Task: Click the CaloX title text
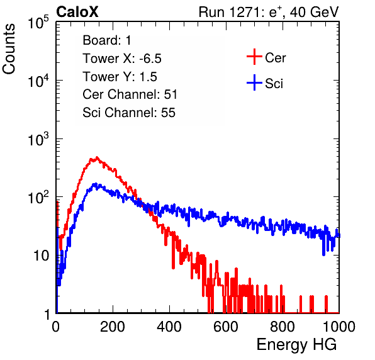coord(77,12)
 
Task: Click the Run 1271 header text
coord(269,12)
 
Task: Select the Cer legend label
coord(275,58)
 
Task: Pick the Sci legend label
coord(274,84)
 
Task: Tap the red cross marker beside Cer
coord(254,57)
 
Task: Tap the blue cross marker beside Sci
coord(254,82)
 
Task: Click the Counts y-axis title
coord(9,49)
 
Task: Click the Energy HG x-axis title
coord(296,345)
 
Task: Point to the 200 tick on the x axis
coord(113,327)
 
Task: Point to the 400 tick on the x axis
coord(169,327)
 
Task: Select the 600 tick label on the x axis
coord(226,327)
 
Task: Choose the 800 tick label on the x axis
coord(283,327)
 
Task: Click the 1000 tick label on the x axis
coord(339,327)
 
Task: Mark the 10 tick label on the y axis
coord(41,256)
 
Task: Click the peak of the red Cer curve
coord(97,157)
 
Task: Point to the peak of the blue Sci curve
coord(96,184)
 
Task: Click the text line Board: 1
coord(107,40)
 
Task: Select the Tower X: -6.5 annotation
coord(122,59)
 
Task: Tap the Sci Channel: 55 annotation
coord(129,113)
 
